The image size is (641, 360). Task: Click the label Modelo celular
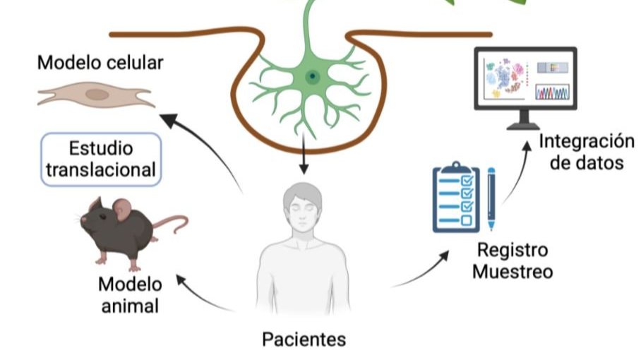100,63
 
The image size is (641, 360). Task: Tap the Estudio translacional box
102,160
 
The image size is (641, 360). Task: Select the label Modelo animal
129,295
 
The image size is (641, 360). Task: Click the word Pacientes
304,340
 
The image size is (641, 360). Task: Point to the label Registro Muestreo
513,260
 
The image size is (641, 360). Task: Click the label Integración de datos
587,151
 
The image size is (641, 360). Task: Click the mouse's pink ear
123,208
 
